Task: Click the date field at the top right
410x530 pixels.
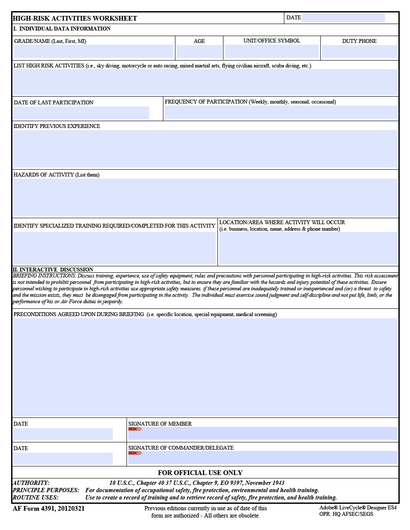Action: (343, 18)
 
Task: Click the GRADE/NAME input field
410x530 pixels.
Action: (93, 51)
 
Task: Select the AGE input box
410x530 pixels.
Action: (199, 52)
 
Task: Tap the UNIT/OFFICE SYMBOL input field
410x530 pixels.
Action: (271, 51)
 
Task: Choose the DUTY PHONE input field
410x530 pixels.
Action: (359, 52)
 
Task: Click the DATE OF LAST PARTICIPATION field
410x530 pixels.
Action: (81, 113)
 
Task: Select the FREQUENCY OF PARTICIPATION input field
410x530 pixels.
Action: (281, 113)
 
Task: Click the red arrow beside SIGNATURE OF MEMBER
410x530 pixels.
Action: (135, 429)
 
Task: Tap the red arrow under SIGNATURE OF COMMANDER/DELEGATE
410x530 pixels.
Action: (135, 453)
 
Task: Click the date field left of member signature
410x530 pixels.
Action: (63, 434)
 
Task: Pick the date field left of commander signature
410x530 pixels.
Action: (63, 458)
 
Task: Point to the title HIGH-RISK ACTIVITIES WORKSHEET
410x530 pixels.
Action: (75, 18)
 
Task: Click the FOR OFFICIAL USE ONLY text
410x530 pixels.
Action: (200, 472)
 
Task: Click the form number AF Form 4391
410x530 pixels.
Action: (48, 509)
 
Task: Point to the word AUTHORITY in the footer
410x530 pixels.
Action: (31, 483)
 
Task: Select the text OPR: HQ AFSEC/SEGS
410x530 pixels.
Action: (346, 514)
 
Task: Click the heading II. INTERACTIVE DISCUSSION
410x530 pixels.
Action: (53, 270)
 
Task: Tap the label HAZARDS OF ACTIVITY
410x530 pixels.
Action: (56, 175)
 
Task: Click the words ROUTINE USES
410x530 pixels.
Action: (36, 497)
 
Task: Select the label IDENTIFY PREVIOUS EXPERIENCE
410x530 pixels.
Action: (57, 126)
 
